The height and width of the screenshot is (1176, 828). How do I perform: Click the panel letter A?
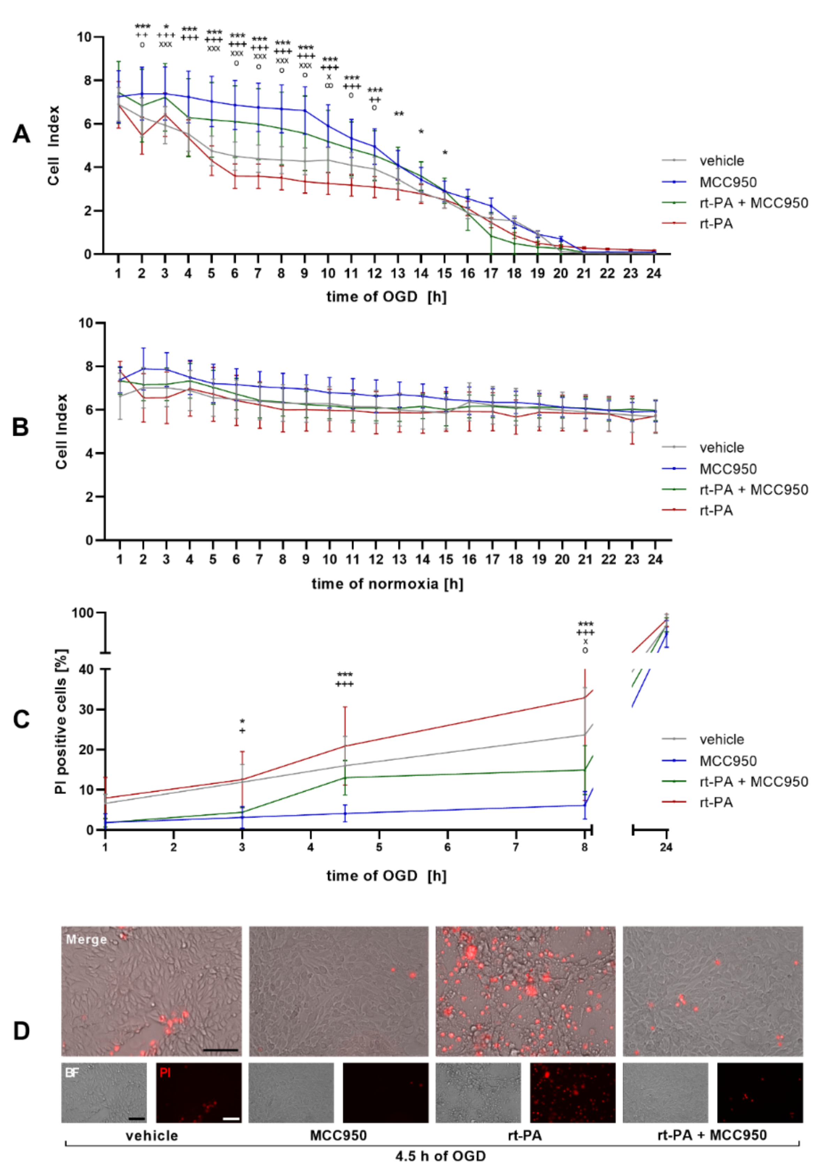pyautogui.click(x=21, y=134)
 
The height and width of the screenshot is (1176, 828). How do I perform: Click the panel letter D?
pyautogui.click(x=21, y=1030)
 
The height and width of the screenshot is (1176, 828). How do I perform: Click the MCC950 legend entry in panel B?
pyautogui.click(x=728, y=469)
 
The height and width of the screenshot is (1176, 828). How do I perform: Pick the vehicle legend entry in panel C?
pyautogui.click(x=721, y=739)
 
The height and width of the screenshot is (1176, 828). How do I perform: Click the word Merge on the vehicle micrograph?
pyautogui.click(x=86, y=939)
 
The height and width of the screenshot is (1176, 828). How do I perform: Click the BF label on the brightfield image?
pyautogui.click(x=72, y=1072)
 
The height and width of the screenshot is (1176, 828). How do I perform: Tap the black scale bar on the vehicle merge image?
pyautogui.click(x=221, y=1050)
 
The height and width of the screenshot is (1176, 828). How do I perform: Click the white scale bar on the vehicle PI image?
pyautogui.click(x=232, y=1119)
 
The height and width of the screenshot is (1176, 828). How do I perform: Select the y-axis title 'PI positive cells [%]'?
pyautogui.click(x=61, y=722)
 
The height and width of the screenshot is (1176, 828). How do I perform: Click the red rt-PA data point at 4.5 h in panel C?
pyautogui.click(x=345, y=746)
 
